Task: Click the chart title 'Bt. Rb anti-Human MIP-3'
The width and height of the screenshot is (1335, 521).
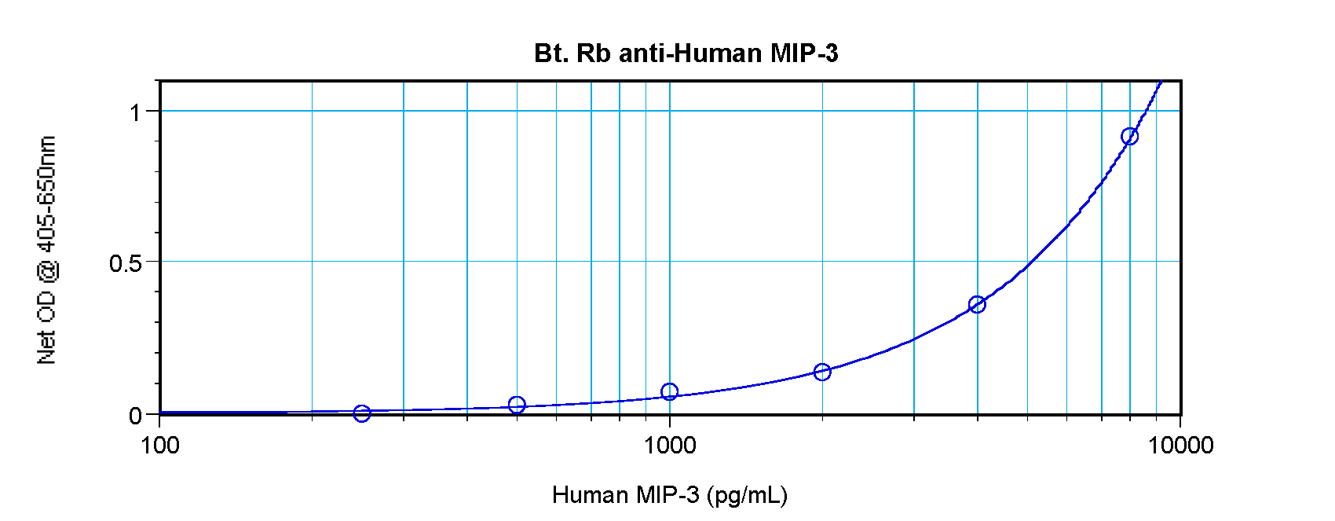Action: tap(686, 53)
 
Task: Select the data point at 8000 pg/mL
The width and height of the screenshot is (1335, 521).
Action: tap(1129, 137)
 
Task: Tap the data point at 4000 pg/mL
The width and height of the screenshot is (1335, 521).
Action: tap(977, 305)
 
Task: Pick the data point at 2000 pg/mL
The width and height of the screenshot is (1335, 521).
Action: tap(822, 372)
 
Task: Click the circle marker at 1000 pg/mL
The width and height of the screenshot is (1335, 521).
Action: tap(669, 391)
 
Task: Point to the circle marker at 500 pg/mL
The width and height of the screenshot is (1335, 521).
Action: tap(516, 405)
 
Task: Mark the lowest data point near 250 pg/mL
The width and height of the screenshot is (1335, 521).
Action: tap(362, 413)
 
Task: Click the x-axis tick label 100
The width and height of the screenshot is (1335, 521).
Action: tap(160, 446)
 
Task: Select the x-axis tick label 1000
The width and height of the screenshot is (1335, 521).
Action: tap(670, 446)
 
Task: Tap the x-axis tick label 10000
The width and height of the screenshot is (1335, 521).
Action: tap(1180, 446)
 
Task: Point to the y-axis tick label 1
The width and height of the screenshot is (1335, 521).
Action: tap(135, 112)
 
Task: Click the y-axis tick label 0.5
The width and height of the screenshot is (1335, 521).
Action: tap(126, 263)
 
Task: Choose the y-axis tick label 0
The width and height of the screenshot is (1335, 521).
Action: tap(135, 415)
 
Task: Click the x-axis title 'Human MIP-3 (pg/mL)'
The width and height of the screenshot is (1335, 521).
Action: tap(669, 495)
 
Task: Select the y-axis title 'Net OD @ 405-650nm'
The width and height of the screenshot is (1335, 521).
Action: tap(47, 250)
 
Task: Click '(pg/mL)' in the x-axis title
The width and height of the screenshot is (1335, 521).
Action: tap(747, 495)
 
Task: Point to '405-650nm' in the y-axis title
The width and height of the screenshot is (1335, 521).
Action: tap(47, 193)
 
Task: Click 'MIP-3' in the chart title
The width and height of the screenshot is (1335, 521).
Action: tap(804, 53)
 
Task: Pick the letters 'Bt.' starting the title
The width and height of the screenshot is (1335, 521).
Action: tap(551, 53)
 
